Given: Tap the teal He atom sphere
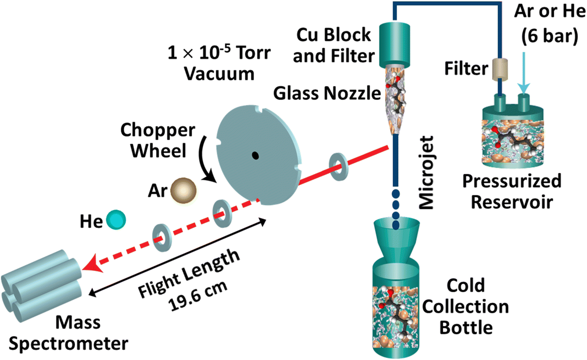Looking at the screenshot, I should click(115, 220).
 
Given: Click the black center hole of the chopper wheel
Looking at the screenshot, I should click(256, 155).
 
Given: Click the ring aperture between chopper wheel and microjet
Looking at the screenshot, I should click(338, 165).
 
